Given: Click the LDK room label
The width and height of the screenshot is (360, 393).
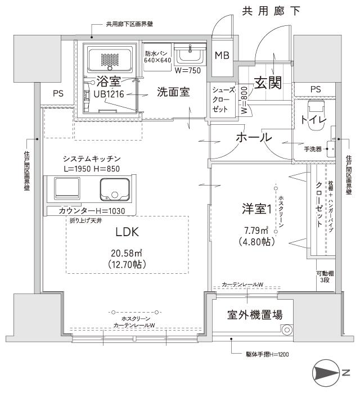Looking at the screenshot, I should click(x=127, y=232).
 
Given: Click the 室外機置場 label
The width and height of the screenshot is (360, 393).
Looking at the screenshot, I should click(x=255, y=314).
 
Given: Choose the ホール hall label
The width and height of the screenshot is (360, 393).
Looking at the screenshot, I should click(x=254, y=137).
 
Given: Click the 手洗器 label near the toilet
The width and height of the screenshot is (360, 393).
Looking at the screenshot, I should click(x=312, y=150).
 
